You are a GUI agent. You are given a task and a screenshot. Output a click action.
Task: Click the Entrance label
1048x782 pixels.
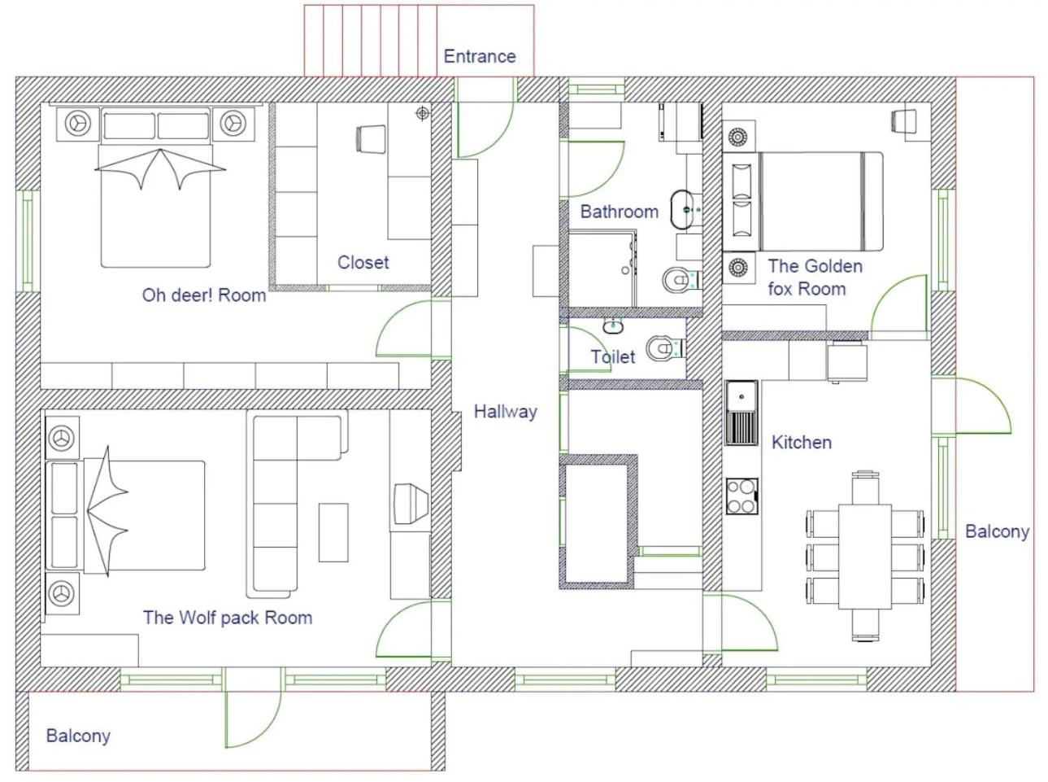480,56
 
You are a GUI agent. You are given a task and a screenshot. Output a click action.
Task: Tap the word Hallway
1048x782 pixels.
505,411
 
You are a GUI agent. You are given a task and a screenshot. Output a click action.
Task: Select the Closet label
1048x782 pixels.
363,262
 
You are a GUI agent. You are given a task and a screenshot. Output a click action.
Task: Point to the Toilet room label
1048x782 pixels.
612,356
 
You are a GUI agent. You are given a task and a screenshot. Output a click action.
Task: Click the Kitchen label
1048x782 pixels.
802,443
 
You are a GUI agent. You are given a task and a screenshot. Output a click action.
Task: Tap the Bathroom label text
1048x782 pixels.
620,212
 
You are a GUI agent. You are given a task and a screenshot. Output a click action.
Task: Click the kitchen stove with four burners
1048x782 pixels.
741,496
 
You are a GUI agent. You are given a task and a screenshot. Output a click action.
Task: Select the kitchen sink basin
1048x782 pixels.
741,396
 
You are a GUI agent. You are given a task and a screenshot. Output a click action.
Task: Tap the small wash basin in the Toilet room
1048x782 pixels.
613,325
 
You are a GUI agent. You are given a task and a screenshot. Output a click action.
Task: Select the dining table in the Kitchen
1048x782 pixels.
865,557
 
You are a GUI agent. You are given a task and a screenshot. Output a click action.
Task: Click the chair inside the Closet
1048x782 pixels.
371,139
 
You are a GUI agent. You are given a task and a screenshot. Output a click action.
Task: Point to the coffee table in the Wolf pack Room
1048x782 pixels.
333,533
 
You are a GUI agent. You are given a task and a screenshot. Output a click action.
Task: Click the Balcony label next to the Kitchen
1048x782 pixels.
997,531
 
